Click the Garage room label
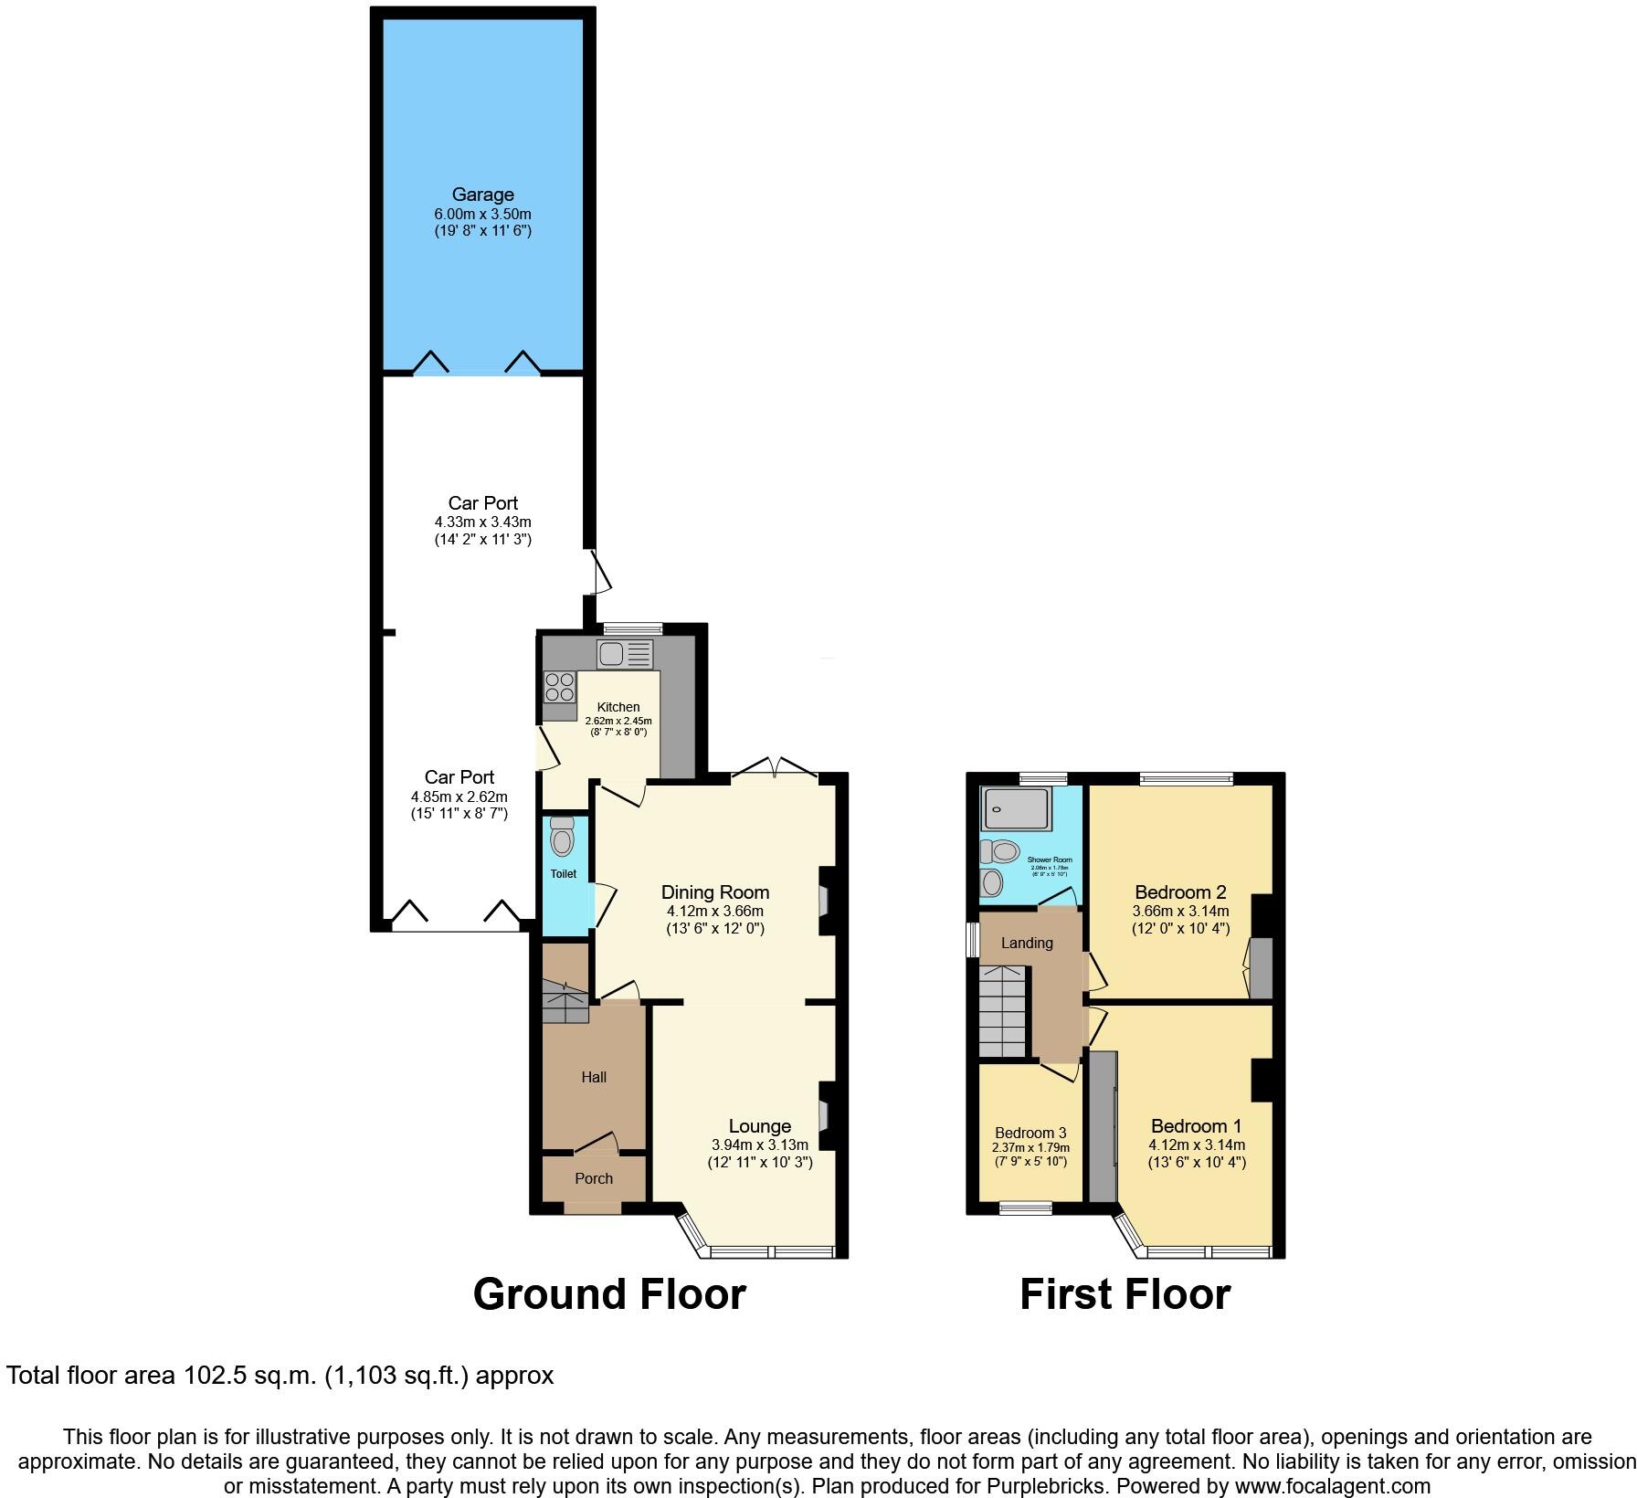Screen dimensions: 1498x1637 click(x=482, y=195)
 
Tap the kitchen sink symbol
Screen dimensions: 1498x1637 click(x=625, y=654)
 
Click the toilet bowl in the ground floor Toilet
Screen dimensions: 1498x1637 click(x=563, y=840)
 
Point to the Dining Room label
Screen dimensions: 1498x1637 click(x=714, y=892)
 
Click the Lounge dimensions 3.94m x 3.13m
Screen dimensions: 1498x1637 click(x=759, y=1145)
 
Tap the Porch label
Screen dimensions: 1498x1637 click(x=594, y=1178)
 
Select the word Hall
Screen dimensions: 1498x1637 click(x=594, y=1077)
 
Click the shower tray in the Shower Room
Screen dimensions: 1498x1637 click(x=1015, y=807)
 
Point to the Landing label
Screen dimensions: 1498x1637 click(x=1027, y=943)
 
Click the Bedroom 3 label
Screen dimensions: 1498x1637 click(x=1030, y=1133)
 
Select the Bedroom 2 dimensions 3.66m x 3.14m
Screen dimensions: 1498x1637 click(x=1180, y=911)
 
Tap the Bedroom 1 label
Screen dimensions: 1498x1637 click(x=1196, y=1126)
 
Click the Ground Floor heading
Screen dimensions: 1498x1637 click(x=609, y=1294)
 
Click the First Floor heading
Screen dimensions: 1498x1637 click(x=1125, y=1294)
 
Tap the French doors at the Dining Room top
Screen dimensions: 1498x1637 click(x=775, y=769)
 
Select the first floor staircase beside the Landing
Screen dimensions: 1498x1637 click(x=1004, y=1012)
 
